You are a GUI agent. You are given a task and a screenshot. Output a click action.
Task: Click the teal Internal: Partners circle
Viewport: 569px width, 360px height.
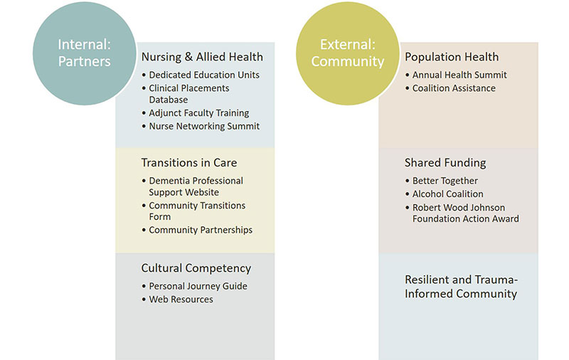pos(84,53)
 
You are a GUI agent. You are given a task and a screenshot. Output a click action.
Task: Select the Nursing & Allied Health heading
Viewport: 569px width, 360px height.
pos(202,57)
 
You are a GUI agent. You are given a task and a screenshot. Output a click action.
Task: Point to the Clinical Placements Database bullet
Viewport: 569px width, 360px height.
pos(188,94)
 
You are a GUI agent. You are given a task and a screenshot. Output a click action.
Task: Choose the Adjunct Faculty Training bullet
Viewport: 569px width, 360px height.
pos(198,113)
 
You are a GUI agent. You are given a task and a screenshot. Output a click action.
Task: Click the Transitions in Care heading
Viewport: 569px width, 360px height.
pos(189,162)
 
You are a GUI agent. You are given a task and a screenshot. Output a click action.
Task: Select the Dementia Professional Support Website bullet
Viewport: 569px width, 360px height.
pos(196,186)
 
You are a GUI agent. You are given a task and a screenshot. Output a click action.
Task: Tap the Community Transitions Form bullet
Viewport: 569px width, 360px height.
pos(197,211)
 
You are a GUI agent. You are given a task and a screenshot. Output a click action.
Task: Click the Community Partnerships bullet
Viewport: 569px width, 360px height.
pos(201,230)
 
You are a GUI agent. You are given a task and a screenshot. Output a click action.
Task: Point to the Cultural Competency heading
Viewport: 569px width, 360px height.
pos(196,268)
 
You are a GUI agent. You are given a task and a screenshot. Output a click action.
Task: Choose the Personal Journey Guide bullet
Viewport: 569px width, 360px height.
pos(198,286)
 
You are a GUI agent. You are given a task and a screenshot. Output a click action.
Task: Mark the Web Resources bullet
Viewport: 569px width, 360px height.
pos(181,300)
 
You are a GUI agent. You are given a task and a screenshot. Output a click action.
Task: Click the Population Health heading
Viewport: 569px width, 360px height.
pos(452,57)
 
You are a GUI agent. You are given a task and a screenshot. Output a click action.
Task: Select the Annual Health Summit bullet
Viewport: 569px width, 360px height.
pos(459,75)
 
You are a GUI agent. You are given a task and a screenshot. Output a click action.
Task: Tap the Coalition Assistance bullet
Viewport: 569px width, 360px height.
pos(454,88)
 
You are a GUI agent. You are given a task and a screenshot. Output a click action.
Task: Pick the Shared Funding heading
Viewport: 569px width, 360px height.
pos(445,162)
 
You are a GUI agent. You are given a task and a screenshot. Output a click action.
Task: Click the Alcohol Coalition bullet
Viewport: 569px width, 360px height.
pos(448,194)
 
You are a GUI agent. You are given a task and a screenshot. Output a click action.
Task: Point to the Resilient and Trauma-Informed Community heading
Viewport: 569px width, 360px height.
pos(461,287)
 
